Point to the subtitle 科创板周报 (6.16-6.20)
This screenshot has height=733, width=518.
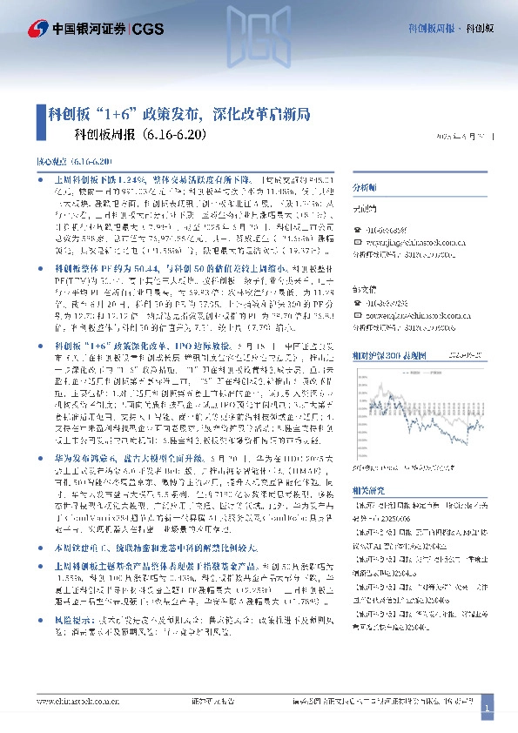tap(139, 135)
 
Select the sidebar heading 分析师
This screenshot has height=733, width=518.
tap(364, 188)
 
